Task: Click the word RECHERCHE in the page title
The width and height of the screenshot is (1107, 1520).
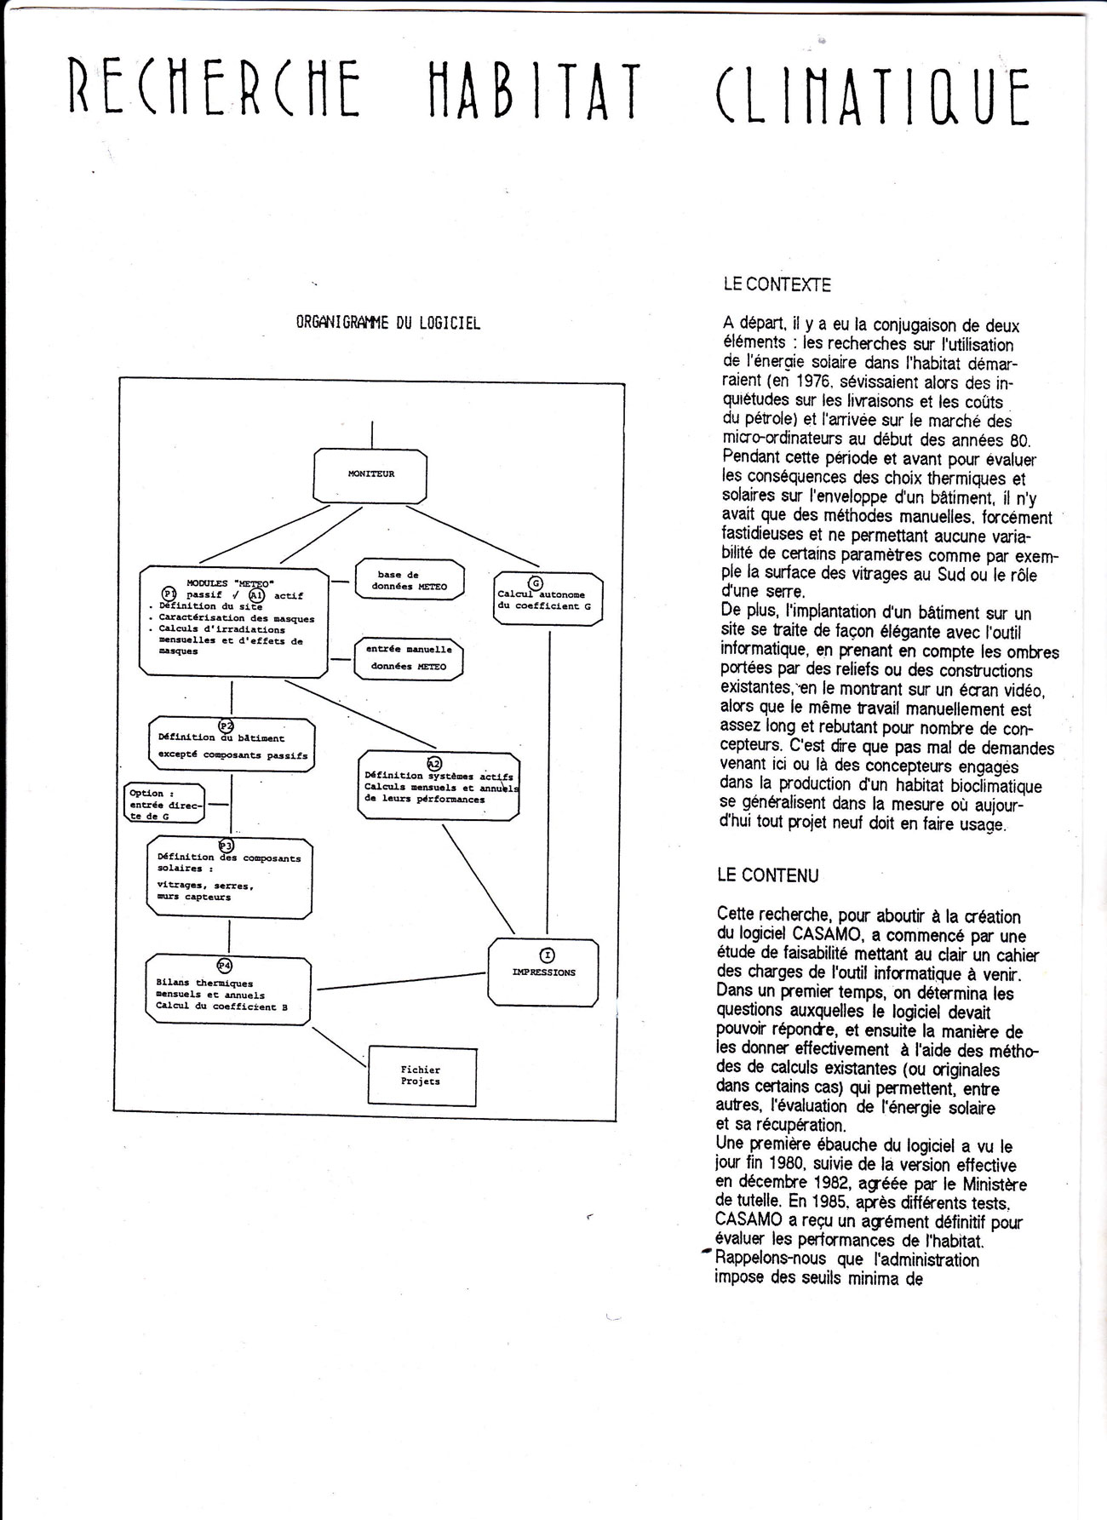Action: pyautogui.click(x=214, y=91)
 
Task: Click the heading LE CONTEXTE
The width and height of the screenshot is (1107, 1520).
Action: pyautogui.click(x=777, y=286)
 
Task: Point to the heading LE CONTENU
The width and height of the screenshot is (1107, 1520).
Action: pyautogui.click(x=767, y=875)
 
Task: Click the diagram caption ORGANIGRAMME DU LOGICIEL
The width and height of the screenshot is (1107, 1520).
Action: pyautogui.click(x=388, y=324)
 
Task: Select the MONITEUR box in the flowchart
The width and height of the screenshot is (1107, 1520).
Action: pyautogui.click(x=370, y=474)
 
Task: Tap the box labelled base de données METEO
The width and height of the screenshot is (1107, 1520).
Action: pyautogui.click(x=410, y=581)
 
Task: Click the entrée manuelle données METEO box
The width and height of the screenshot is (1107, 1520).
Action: pyautogui.click(x=409, y=657)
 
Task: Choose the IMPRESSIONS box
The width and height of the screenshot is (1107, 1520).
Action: pyautogui.click(x=543, y=971)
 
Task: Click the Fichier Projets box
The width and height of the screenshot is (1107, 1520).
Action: pyautogui.click(x=421, y=1075)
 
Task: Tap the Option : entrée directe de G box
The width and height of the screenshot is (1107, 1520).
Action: pyautogui.click(x=165, y=804)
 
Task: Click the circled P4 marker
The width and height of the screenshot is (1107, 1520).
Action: pyautogui.click(x=225, y=965)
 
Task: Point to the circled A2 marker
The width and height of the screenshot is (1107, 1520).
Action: pyautogui.click(x=433, y=764)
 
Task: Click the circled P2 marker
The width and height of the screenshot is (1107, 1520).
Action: pyautogui.click(x=227, y=726)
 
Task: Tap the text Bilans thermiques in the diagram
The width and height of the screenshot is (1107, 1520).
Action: pyautogui.click(x=204, y=984)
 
